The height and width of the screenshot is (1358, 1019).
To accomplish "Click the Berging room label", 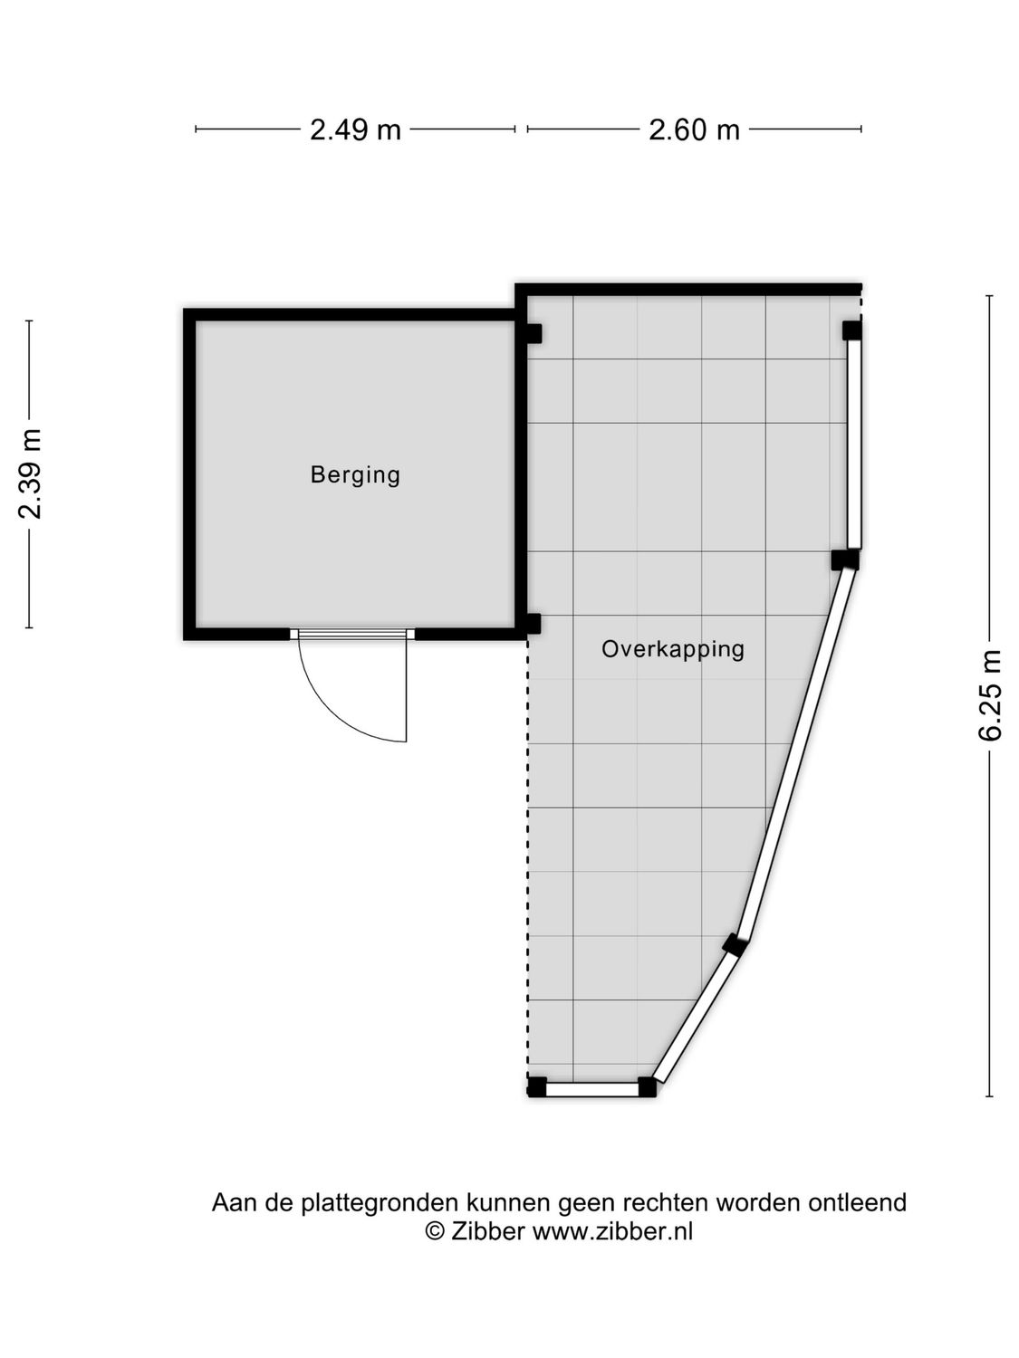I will pos(355,474).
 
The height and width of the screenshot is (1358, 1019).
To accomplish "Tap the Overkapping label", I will pos(672,648).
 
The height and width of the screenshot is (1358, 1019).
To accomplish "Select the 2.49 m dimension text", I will pos(355,129).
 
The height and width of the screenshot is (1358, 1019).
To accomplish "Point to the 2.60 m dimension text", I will pos(694,129).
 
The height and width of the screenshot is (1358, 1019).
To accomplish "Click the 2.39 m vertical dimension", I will pos(30,473).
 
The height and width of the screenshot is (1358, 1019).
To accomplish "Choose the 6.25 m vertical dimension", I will pos(990,694).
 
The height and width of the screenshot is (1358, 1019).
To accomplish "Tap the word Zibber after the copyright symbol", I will pos(487,1230).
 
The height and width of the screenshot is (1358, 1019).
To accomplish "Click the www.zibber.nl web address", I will pos(612,1230).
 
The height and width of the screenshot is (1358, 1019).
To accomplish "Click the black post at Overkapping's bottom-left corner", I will pos(537,1086).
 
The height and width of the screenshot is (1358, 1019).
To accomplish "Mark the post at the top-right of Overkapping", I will pos(851,330).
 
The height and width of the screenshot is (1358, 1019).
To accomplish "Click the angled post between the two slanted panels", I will pos(735,946).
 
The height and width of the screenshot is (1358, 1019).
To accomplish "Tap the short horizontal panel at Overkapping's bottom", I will pos(592,1090).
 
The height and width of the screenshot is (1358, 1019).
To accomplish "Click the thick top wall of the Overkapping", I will pos(688,290).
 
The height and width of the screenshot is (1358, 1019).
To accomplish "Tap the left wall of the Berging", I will pos(189,474).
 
